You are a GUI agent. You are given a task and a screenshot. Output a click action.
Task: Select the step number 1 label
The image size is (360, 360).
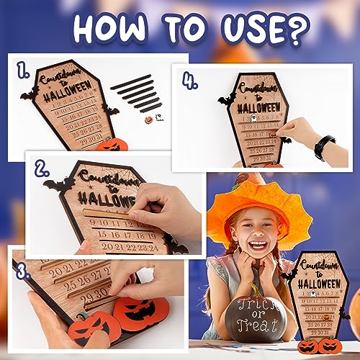tap(24, 69)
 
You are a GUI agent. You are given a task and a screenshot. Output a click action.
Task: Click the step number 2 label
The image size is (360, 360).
tap(42, 170)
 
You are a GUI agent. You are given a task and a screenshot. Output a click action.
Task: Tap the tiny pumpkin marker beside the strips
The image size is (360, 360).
tap(148, 115)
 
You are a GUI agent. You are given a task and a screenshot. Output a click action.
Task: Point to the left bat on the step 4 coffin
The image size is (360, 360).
tap(227, 99)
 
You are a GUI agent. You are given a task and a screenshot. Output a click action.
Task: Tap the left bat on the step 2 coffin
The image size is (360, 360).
tap(58, 186)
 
